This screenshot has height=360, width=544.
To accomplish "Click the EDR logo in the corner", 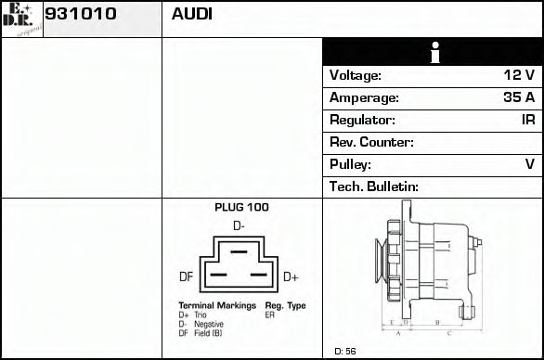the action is click(20, 18).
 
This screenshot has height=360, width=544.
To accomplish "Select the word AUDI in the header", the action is click(191, 15).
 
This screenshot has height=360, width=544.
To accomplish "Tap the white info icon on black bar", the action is click(433, 52).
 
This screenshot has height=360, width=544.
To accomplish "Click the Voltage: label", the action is click(356, 76).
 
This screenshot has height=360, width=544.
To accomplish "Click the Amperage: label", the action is click(364, 98).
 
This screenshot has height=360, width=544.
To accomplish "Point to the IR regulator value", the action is click(527, 121).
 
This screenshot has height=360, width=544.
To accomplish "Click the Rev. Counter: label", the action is click(371, 143).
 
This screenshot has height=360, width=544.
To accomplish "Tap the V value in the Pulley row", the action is click(529, 165).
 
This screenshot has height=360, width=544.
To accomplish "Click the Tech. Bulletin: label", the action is click(374, 187).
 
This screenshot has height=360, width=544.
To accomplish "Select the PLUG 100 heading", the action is click(241, 208).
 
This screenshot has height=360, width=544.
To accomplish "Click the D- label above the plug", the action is click(239, 226).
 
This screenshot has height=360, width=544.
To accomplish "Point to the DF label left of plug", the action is click(186, 276).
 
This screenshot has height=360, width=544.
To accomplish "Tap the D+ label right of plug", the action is click(291, 276).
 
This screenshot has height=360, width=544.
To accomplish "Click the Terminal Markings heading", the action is click(217, 305).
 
